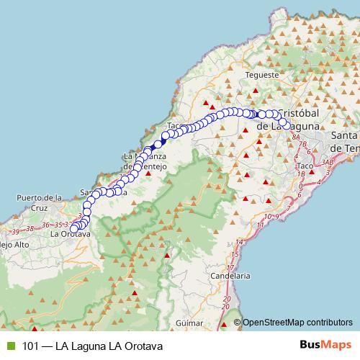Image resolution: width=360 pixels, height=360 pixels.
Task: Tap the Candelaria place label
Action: pos(232,275)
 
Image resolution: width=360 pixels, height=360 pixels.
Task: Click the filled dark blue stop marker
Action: pos(158,143)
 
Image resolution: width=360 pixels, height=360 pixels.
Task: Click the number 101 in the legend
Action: pos(32,345)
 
